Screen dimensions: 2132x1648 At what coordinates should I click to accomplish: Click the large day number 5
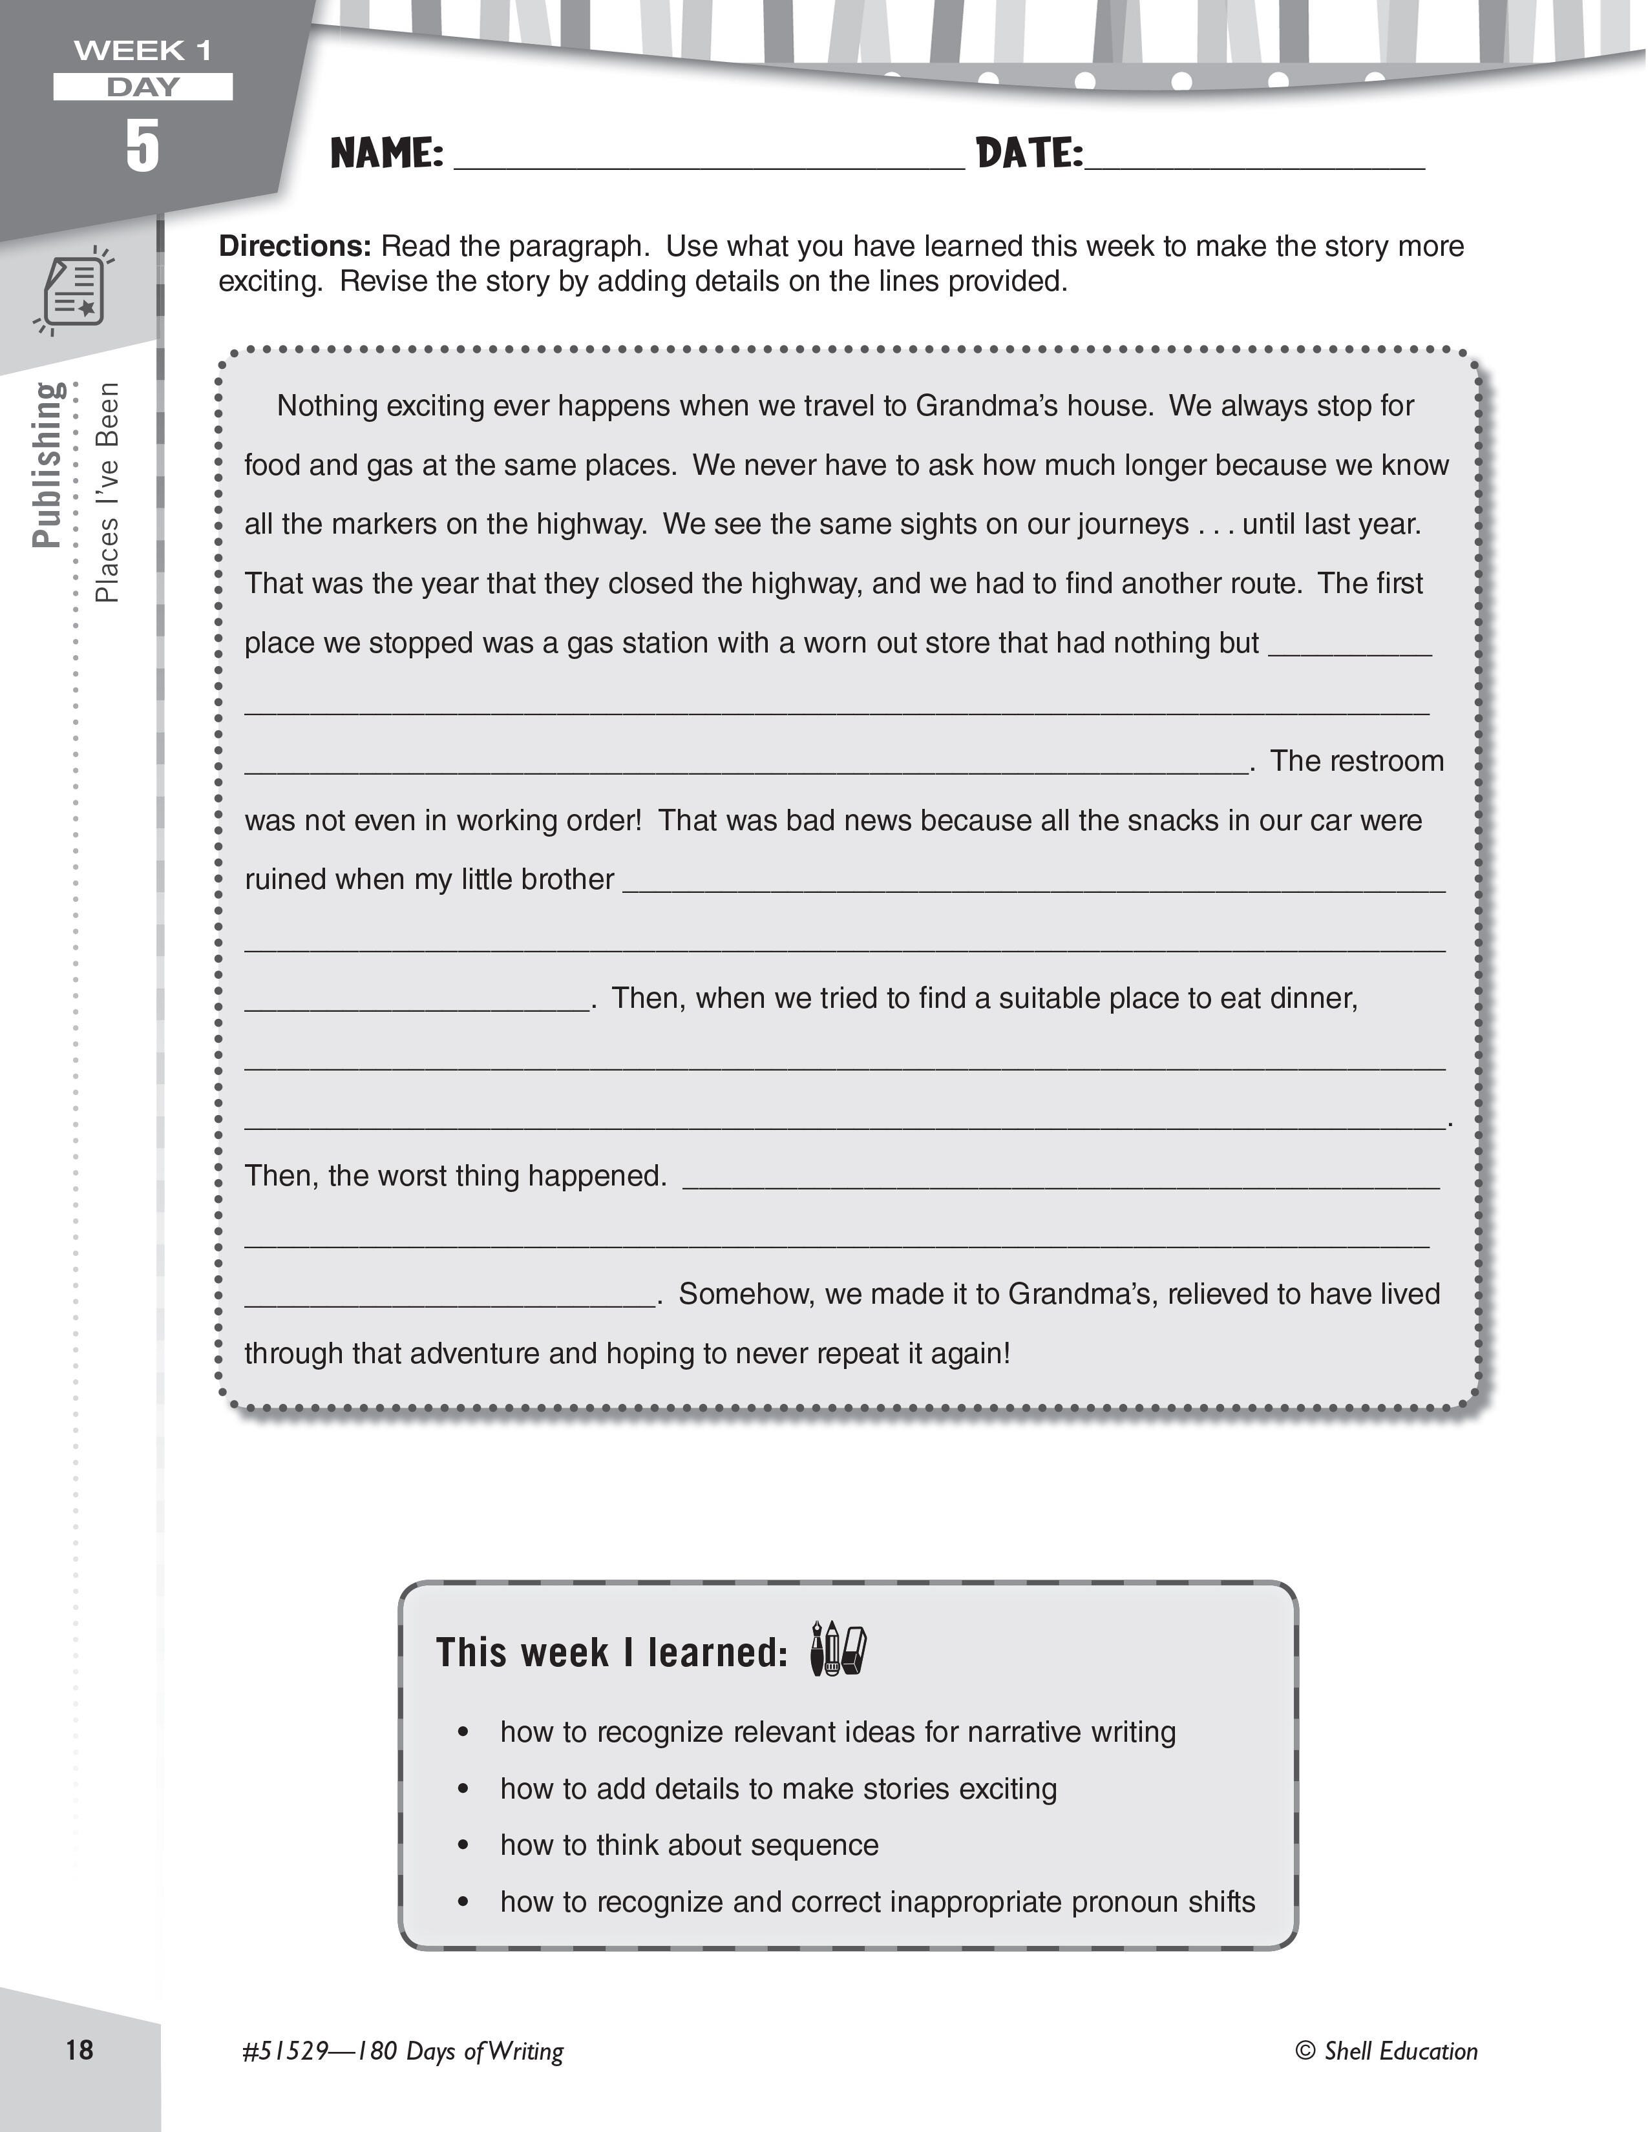(x=143, y=147)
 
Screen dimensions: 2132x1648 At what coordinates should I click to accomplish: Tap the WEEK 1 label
(x=143, y=50)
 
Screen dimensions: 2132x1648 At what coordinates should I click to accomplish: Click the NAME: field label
(x=386, y=153)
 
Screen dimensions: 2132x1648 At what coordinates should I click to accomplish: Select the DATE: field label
(x=1029, y=153)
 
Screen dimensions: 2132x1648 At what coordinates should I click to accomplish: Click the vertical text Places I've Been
(x=107, y=492)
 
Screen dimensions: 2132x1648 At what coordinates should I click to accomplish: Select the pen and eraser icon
(x=838, y=1650)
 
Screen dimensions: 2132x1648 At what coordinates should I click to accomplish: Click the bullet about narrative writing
(x=838, y=1731)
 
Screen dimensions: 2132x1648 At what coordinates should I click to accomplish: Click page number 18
(x=79, y=2049)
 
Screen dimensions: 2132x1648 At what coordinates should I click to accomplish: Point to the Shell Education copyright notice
(x=1386, y=2051)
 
